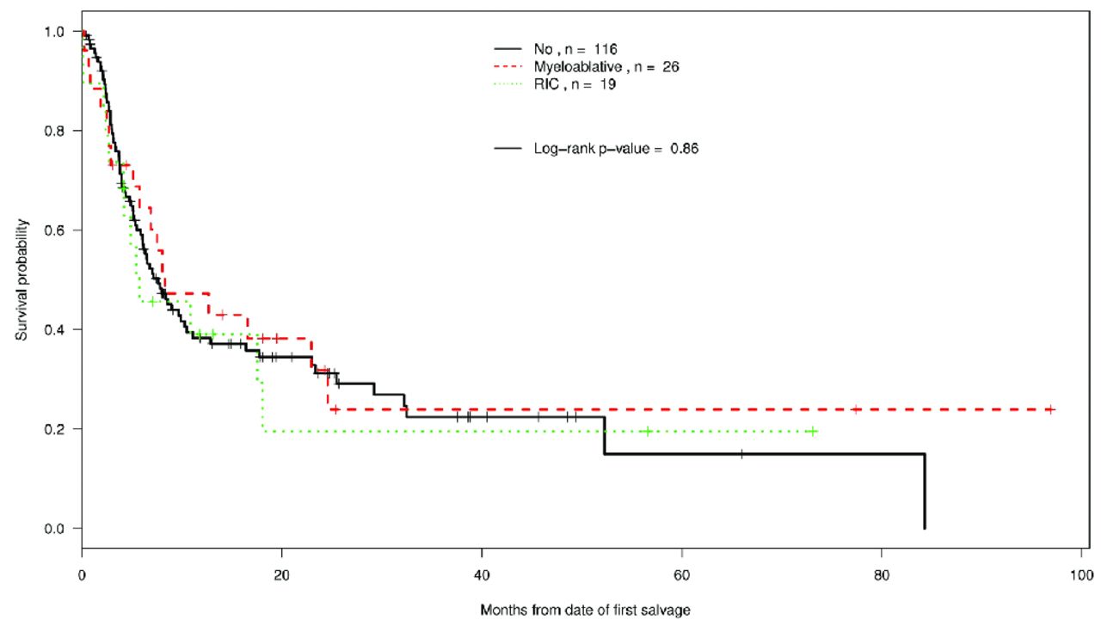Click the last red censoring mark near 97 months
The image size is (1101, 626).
click(1050, 409)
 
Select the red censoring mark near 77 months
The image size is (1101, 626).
click(856, 409)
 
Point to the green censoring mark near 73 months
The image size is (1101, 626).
click(812, 431)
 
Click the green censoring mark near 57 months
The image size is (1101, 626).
click(647, 431)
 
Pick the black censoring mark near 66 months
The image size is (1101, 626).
click(741, 453)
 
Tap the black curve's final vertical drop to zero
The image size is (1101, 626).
click(925, 491)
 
